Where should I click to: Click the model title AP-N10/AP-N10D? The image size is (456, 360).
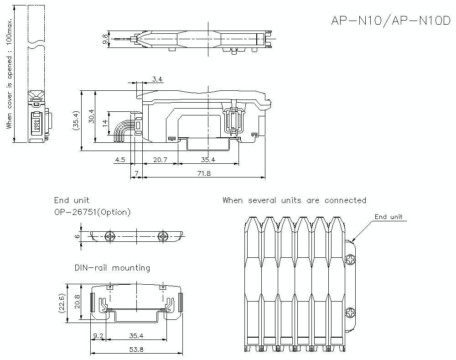tap(390, 21)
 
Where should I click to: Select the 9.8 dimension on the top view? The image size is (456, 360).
tap(106, 40)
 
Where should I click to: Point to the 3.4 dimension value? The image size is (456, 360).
tap(157, 79)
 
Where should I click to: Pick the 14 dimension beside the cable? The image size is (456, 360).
tap(105, 123)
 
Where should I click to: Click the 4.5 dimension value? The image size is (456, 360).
tap(120, 160)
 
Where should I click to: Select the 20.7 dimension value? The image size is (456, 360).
tap(160, 160)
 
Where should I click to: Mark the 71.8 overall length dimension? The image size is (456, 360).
tap(203, 174)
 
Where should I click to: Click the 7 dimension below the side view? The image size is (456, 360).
tap(136, 174)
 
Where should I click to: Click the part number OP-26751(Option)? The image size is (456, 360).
tap(92, 212)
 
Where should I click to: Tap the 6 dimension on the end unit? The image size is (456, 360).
tap(78, 235)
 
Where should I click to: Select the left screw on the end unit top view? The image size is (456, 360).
tap(110, 235)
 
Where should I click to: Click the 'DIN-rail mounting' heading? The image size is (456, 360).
tap(112, 268)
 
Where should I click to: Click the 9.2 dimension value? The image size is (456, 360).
tap(98, 336)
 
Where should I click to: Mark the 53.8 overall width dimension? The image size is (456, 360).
tap(136, 350)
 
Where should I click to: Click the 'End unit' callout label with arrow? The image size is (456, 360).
tap(389, 217)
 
